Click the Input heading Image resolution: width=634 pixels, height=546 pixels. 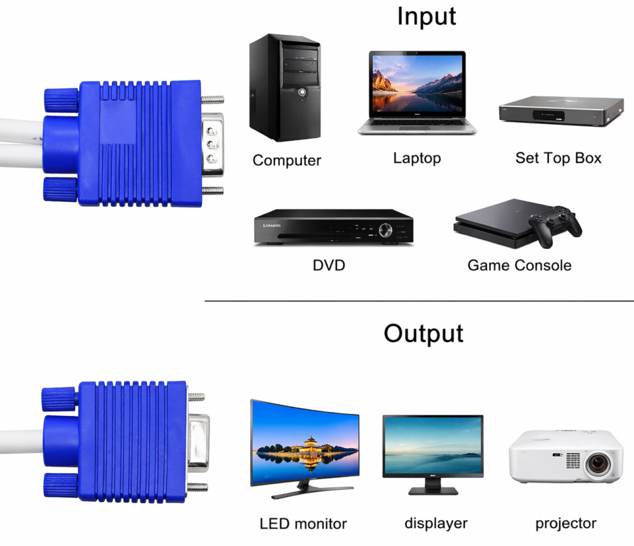click(427, 17)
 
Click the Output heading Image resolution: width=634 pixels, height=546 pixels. click(423, 334)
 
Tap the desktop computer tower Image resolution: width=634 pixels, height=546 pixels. click(285, 88)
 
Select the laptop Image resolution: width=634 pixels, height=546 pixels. click(417, 93)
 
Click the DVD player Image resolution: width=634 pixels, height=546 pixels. click(334, 227)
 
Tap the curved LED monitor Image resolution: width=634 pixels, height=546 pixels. click(305, 448)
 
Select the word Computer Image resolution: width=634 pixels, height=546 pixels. click(287, 160)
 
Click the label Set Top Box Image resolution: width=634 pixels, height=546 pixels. click(558, 158)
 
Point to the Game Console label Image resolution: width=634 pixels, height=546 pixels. click(519, 266)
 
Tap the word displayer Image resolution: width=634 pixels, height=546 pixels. click(436, 523)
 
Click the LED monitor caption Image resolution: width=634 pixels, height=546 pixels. click(303, 524)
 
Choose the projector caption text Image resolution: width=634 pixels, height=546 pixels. click(566, 523)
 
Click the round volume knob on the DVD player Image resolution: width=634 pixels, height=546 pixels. click(385, 230)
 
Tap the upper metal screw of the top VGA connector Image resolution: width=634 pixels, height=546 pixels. click(213, 99)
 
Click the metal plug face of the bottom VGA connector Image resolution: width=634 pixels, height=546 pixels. click(198, 443)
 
